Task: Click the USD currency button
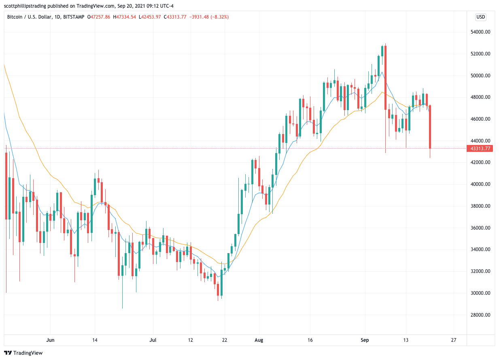click(480, 17)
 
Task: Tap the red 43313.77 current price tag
click(480, 149)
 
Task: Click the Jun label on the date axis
click(51, 340)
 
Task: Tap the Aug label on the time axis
click(259, 340)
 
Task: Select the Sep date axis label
click(365, 340)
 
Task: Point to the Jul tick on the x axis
click(153, 340)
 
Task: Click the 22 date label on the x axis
click(225, 340)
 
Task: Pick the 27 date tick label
click(453, 340)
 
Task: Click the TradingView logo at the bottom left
click(23, 353)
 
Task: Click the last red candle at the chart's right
click(430, 127)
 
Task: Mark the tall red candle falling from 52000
click(386, 77)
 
